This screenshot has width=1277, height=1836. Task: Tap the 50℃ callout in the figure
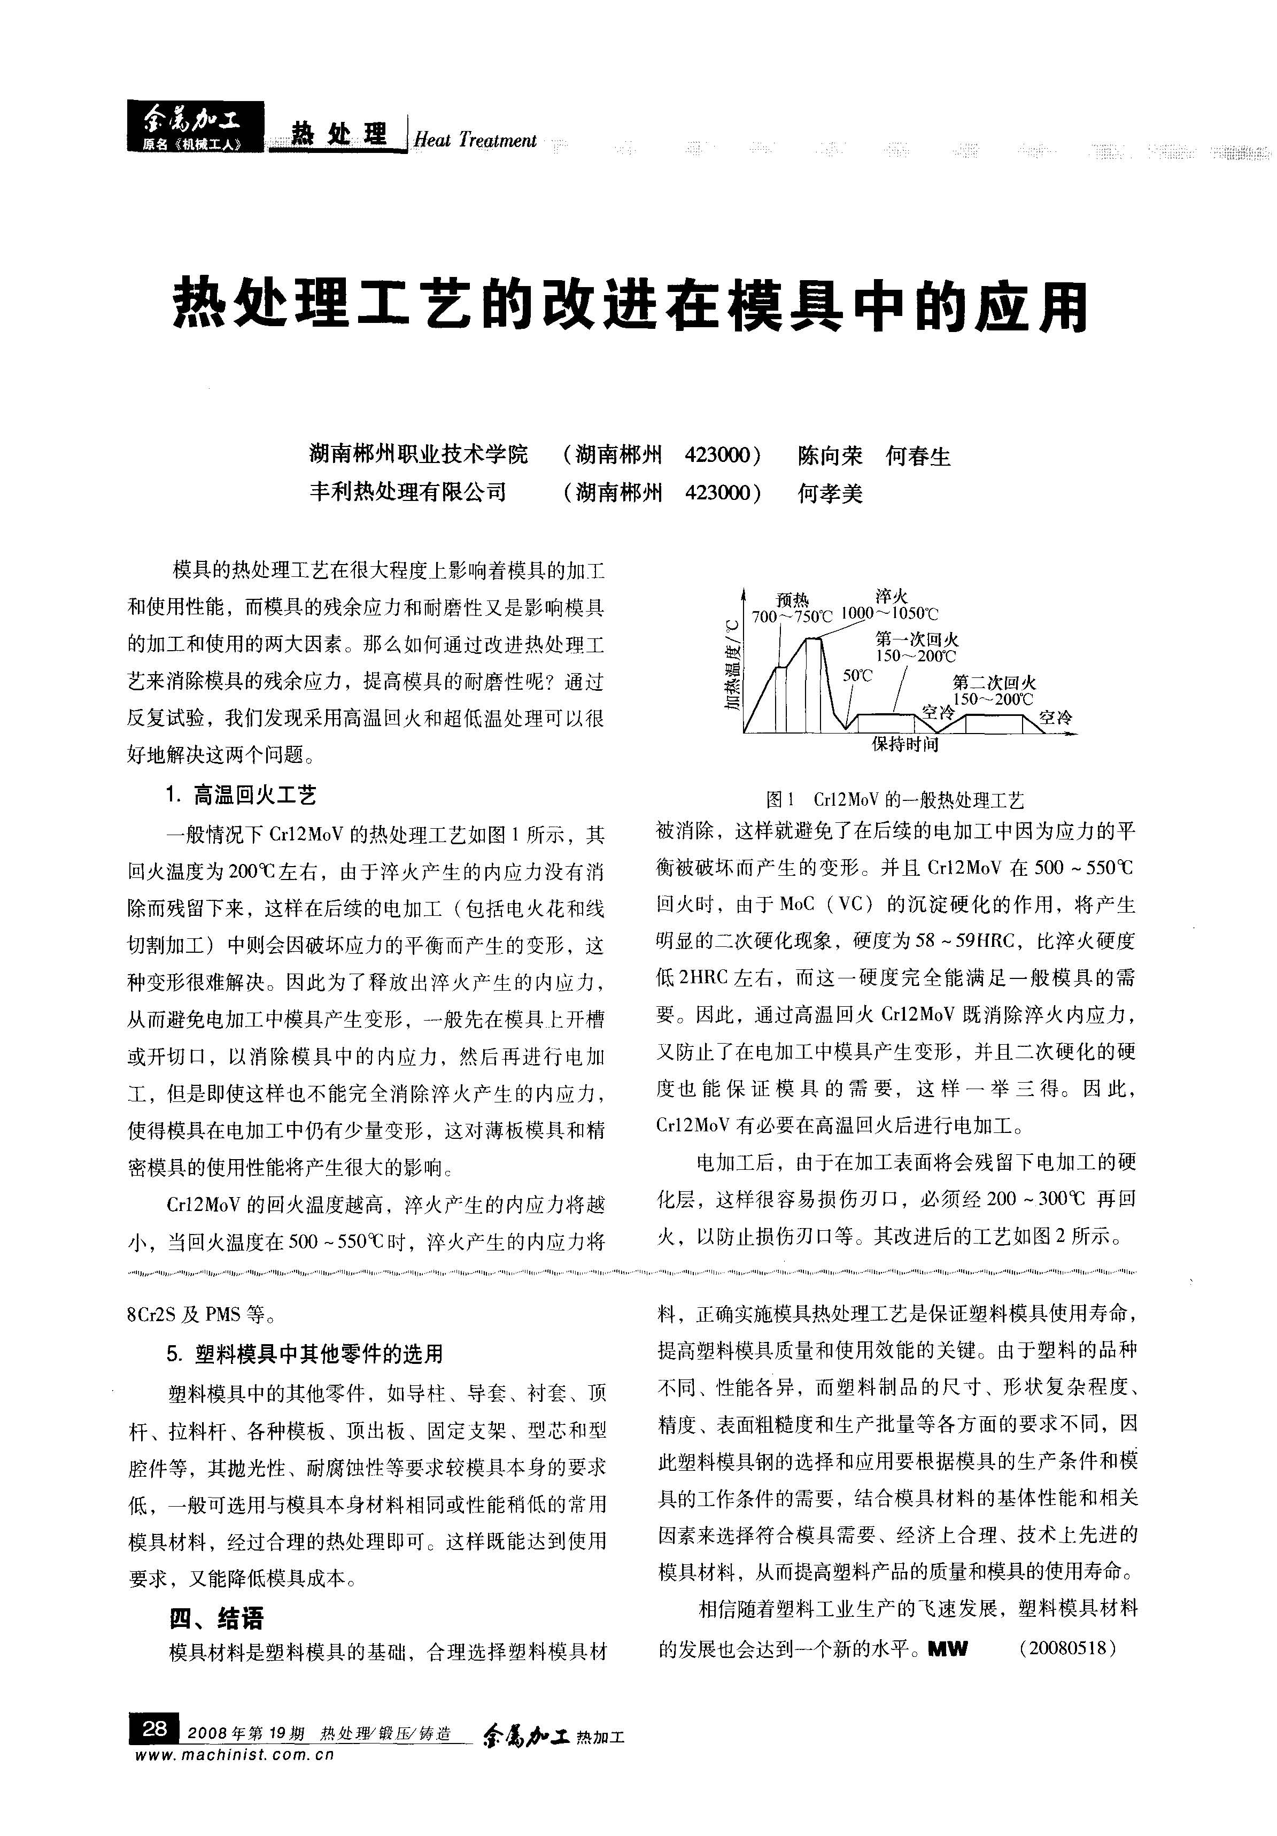click(x=857, y=676)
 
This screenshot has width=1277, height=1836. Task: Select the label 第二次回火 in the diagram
click(x=994, y=682)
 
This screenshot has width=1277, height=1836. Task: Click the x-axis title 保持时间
click(x=904, y=744)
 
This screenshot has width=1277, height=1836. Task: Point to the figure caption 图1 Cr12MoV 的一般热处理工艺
click(x=894, y=800)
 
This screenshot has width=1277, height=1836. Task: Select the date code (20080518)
click(x=1067, y=1648)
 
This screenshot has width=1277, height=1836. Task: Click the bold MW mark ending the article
click(x=948, y=1649)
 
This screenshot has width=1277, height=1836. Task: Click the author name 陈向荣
click(x=830, y=457)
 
